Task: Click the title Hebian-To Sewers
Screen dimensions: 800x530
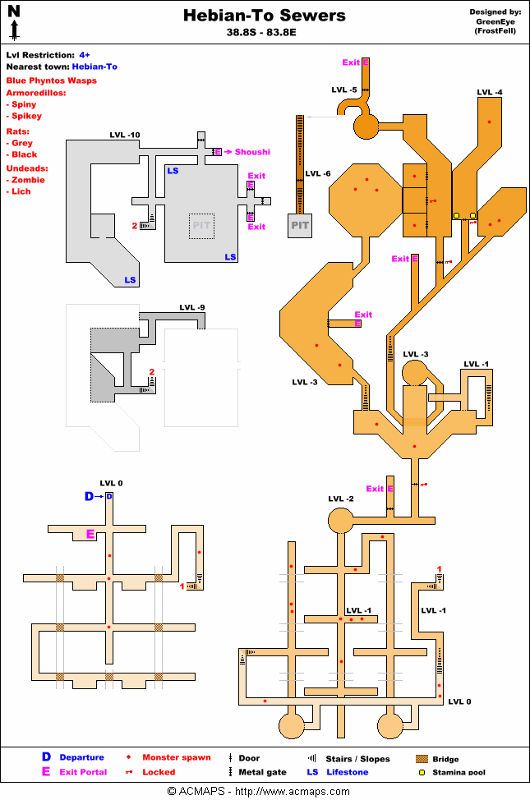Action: point(264,16)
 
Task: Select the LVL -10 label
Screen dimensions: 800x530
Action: point(125,135)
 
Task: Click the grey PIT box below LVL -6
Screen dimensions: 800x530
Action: point(299,225)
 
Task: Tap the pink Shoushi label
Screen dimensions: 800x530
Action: point(252,152)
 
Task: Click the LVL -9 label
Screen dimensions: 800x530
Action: point(191,308)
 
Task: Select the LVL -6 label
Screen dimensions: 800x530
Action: point(318,173)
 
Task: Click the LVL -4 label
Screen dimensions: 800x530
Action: point(490,92)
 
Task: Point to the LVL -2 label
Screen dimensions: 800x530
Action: point(341,499)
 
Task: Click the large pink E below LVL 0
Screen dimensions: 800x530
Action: point(91,535)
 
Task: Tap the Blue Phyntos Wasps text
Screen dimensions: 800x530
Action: point(52,80)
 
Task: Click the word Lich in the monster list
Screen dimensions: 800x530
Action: point(21,191)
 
